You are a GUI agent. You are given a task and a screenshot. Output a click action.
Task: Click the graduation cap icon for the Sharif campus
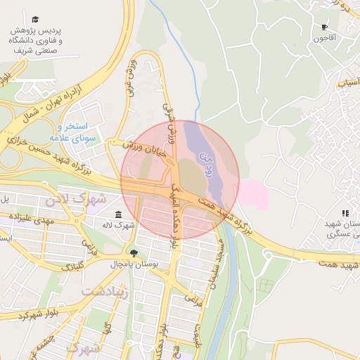[x=35, y=20]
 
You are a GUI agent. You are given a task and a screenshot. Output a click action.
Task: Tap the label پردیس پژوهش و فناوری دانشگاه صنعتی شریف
[x=35, y=41]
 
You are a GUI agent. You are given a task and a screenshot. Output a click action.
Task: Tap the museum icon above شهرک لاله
[x=117, y=214]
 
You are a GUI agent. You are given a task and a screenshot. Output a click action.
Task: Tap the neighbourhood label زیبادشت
[x=105, y=290]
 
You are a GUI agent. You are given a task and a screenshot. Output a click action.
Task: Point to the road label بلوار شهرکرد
[x=28, y=314]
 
